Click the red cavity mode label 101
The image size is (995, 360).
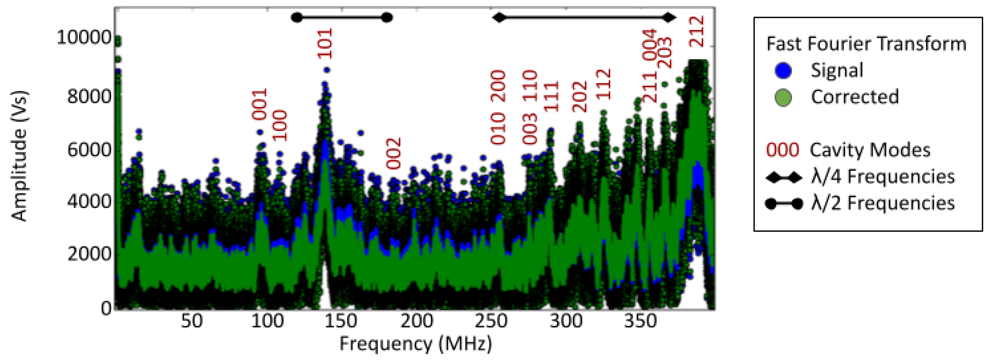click(x=325, y=43)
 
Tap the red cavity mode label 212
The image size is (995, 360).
click(x=698, y=32)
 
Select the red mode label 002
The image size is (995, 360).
click(x=394, y=154)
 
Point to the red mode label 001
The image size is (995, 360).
click(x=260, y=104)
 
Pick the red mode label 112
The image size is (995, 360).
click(x=603, y=84)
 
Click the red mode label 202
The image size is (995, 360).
click(x=580, y=96)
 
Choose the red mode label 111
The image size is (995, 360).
click(x=552, y=96)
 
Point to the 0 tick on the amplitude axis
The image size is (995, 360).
click(x=106, y=308)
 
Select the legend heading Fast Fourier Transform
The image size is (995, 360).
click(x=866, y=44)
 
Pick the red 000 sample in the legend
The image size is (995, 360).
click(x=783, y=150)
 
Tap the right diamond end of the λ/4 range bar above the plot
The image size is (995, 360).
click(x=669, y=17)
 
